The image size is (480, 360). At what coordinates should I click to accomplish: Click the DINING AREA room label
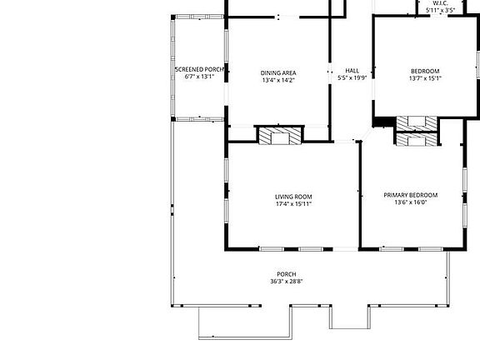[279, 73]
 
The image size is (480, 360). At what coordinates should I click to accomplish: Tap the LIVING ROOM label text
[293, 197]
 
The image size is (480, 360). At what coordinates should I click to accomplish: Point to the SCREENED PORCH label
[199, 69]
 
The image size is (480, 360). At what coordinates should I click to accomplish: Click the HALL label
[352, 71]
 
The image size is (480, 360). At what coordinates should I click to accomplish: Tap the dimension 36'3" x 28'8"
[287, 282]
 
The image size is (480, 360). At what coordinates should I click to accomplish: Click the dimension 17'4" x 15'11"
[293, 204]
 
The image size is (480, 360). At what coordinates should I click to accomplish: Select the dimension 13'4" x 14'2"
[279, 81]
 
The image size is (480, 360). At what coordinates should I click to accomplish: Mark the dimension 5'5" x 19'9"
[352, 78]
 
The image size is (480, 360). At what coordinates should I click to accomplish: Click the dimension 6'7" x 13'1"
[199, 77]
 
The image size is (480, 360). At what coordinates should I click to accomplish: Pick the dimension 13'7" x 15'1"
[425, 79]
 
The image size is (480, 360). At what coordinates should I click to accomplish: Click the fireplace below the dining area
[278, 137]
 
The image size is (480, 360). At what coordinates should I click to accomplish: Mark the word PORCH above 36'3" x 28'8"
[287, 274]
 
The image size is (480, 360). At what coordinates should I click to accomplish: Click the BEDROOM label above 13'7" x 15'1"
[425, 72]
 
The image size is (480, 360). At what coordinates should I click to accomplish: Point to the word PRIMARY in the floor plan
[397, 195]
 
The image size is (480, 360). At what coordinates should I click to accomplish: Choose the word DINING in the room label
[271, 73]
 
